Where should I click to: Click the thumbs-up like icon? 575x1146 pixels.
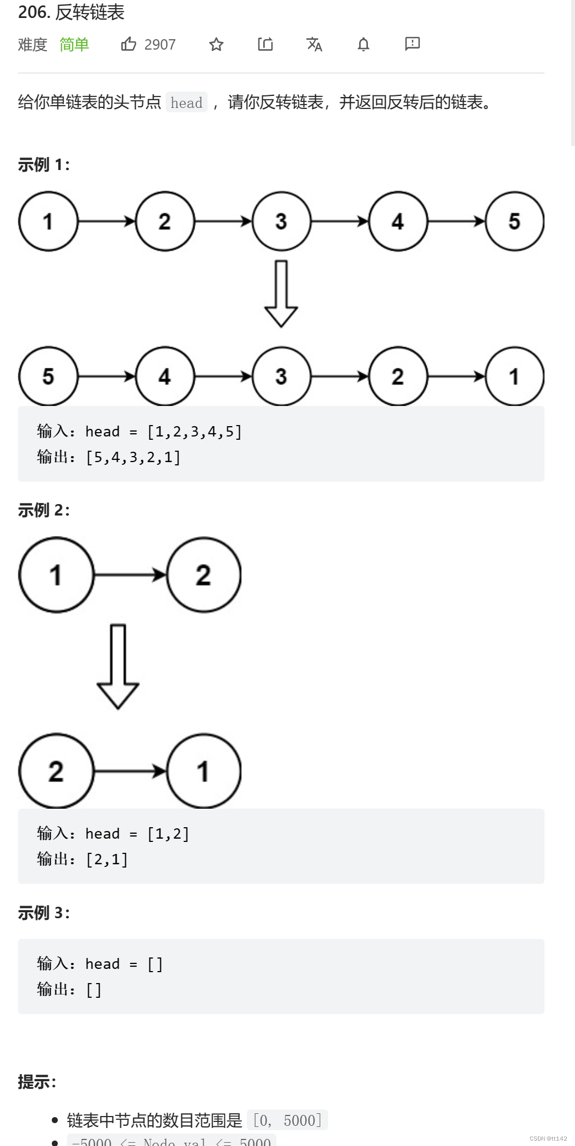click(129, 44)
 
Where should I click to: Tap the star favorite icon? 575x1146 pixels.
click(216, 44)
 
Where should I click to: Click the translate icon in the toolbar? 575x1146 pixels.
click(314, 44)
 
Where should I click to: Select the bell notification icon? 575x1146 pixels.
click(364, 44)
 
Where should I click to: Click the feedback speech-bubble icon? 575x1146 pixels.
click(412, 44)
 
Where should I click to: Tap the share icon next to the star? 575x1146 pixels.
click(265, 44)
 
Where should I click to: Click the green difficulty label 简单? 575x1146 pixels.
click(74, 45)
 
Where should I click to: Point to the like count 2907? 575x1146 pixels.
click(160, 45)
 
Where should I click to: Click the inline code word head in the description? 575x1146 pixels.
click(186, 102)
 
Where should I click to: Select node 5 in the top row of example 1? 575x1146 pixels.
click(514, 221)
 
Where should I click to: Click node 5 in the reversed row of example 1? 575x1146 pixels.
click(49, 376)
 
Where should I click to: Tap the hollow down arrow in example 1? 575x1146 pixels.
click(281, 293)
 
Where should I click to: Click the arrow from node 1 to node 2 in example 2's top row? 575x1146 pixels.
click(130, 574)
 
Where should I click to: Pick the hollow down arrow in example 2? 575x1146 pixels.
click(118, 666)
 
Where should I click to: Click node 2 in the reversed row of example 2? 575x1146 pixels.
click(56, 771)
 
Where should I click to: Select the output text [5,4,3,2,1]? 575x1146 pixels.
click(133, 457)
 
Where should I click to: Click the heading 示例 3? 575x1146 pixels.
click(44, 913)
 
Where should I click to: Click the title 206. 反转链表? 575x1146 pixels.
click(71, 12)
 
